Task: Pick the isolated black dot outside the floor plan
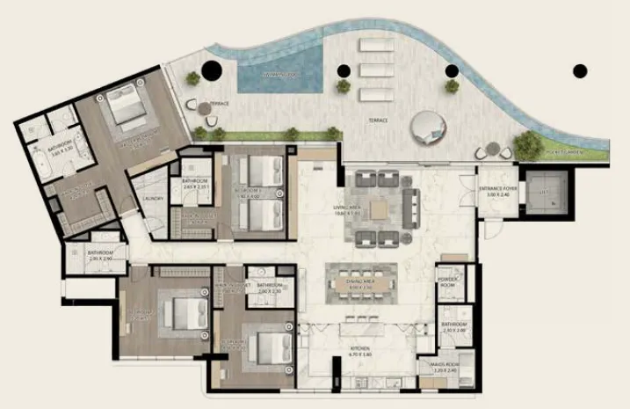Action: tap(579, 70)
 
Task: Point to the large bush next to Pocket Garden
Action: tap(528, 145)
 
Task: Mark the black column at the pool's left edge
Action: tap(211, 72)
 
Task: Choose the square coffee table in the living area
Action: tap(377, 208)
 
